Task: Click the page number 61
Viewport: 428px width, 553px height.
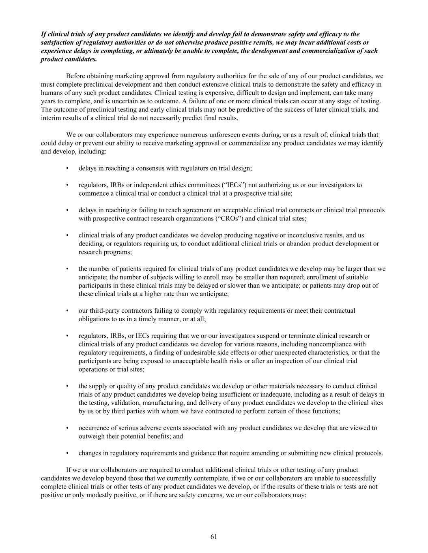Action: (x=214, y=537)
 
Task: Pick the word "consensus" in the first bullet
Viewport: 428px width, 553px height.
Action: (x=149, y=168)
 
